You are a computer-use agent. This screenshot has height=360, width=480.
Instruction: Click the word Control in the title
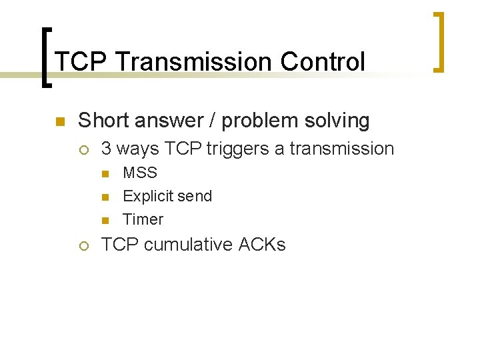click(x=323, y=62)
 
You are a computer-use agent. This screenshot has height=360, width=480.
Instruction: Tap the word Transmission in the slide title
click(x=194, y=62)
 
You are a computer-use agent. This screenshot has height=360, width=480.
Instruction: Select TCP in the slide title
click(x=81, y=62)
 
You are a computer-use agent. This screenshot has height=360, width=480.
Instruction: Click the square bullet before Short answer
click(x=59, y=121)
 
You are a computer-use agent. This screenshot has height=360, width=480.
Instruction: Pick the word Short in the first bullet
click(x=101, y=121)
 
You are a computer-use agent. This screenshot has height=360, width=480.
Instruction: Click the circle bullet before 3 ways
click(x=85, y=149)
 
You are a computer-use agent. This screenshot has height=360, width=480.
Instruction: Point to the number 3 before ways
click(x=106, y=149)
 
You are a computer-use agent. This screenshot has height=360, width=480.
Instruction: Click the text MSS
click(x=140, y=173)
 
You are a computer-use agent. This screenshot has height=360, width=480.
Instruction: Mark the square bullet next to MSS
click(x=106, y=173)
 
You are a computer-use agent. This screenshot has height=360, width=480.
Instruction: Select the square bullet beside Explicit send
click(x=106, y=197)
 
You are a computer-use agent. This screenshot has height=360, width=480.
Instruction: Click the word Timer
click(x=143, y=219)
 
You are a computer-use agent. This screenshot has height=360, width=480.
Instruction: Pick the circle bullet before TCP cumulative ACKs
click(x=85, y=245)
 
